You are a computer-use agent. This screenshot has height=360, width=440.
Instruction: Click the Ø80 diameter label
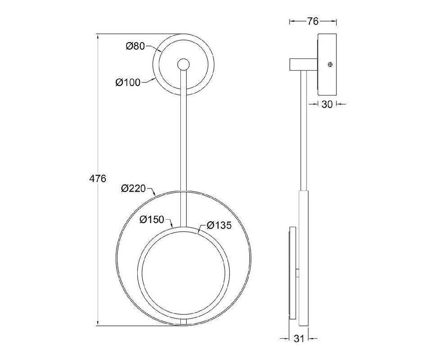click(135, 46)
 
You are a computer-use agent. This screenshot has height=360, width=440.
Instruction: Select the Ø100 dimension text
click(128, 82)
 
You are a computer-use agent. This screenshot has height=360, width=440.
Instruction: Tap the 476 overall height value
click(97, 179)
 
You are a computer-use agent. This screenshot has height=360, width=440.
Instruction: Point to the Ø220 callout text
click(133, 188)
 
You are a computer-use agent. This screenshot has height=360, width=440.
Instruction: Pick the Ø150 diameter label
click(152, 220)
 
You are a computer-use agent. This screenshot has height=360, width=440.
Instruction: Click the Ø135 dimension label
click(219, 225)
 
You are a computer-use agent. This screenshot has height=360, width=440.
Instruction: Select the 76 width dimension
click(313, 21)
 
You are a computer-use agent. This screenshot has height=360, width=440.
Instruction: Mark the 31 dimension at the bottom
click(299, 339)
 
